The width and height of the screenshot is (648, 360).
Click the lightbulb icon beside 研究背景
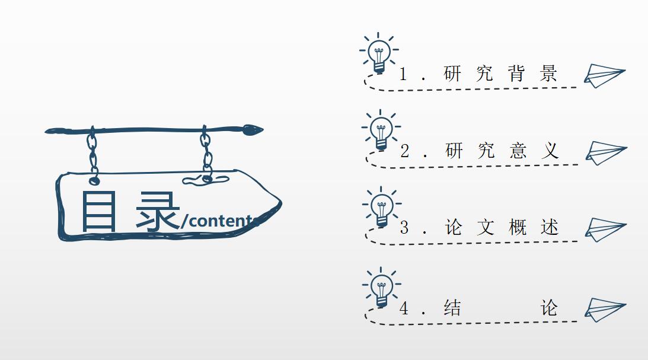(379, 53)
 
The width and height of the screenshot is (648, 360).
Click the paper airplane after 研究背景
(604, 75)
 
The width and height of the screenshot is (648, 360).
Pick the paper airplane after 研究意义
(605, 152)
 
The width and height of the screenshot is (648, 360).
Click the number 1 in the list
(403, 74)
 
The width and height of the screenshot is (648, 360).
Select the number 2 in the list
(404, 151)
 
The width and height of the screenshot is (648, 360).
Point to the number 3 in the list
(404, 228)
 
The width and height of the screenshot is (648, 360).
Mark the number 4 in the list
(404, 309)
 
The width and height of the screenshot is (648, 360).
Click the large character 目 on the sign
(99, 211)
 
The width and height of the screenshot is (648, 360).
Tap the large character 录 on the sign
(157, 211)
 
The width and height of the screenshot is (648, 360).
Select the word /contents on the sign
(219, 221)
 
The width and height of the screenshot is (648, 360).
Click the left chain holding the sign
(92, 152)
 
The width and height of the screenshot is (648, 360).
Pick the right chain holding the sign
(206, 152)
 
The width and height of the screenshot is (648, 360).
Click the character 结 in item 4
(452, 308)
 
